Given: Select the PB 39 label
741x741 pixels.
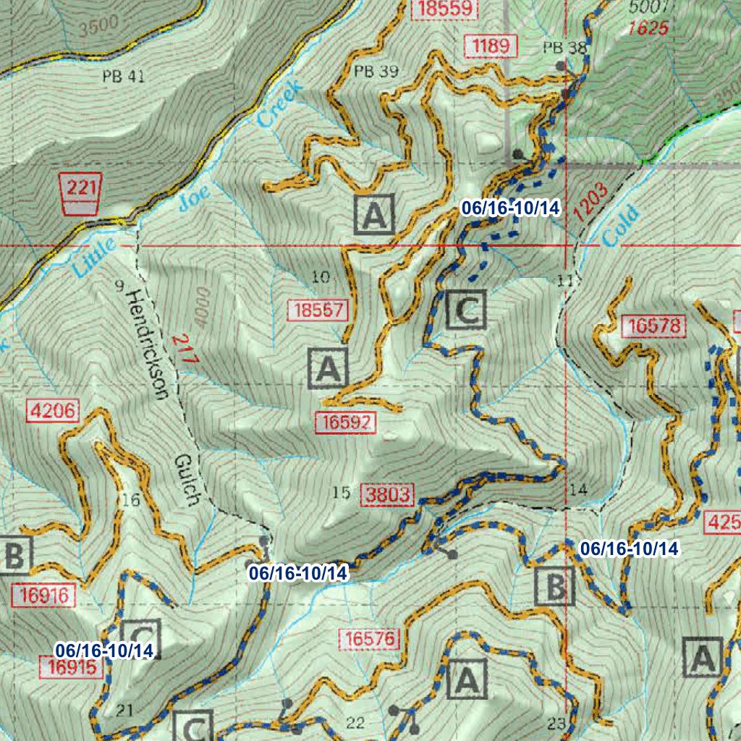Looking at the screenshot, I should coord(376,71).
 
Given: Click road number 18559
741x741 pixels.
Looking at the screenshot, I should coord(444,9).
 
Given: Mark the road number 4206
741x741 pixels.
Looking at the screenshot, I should coord(51,411).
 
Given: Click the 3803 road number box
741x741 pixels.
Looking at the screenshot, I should coord(388,495).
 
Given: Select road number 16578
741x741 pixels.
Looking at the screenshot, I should coord(653,326).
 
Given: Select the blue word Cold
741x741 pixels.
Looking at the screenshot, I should coord(620,226).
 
